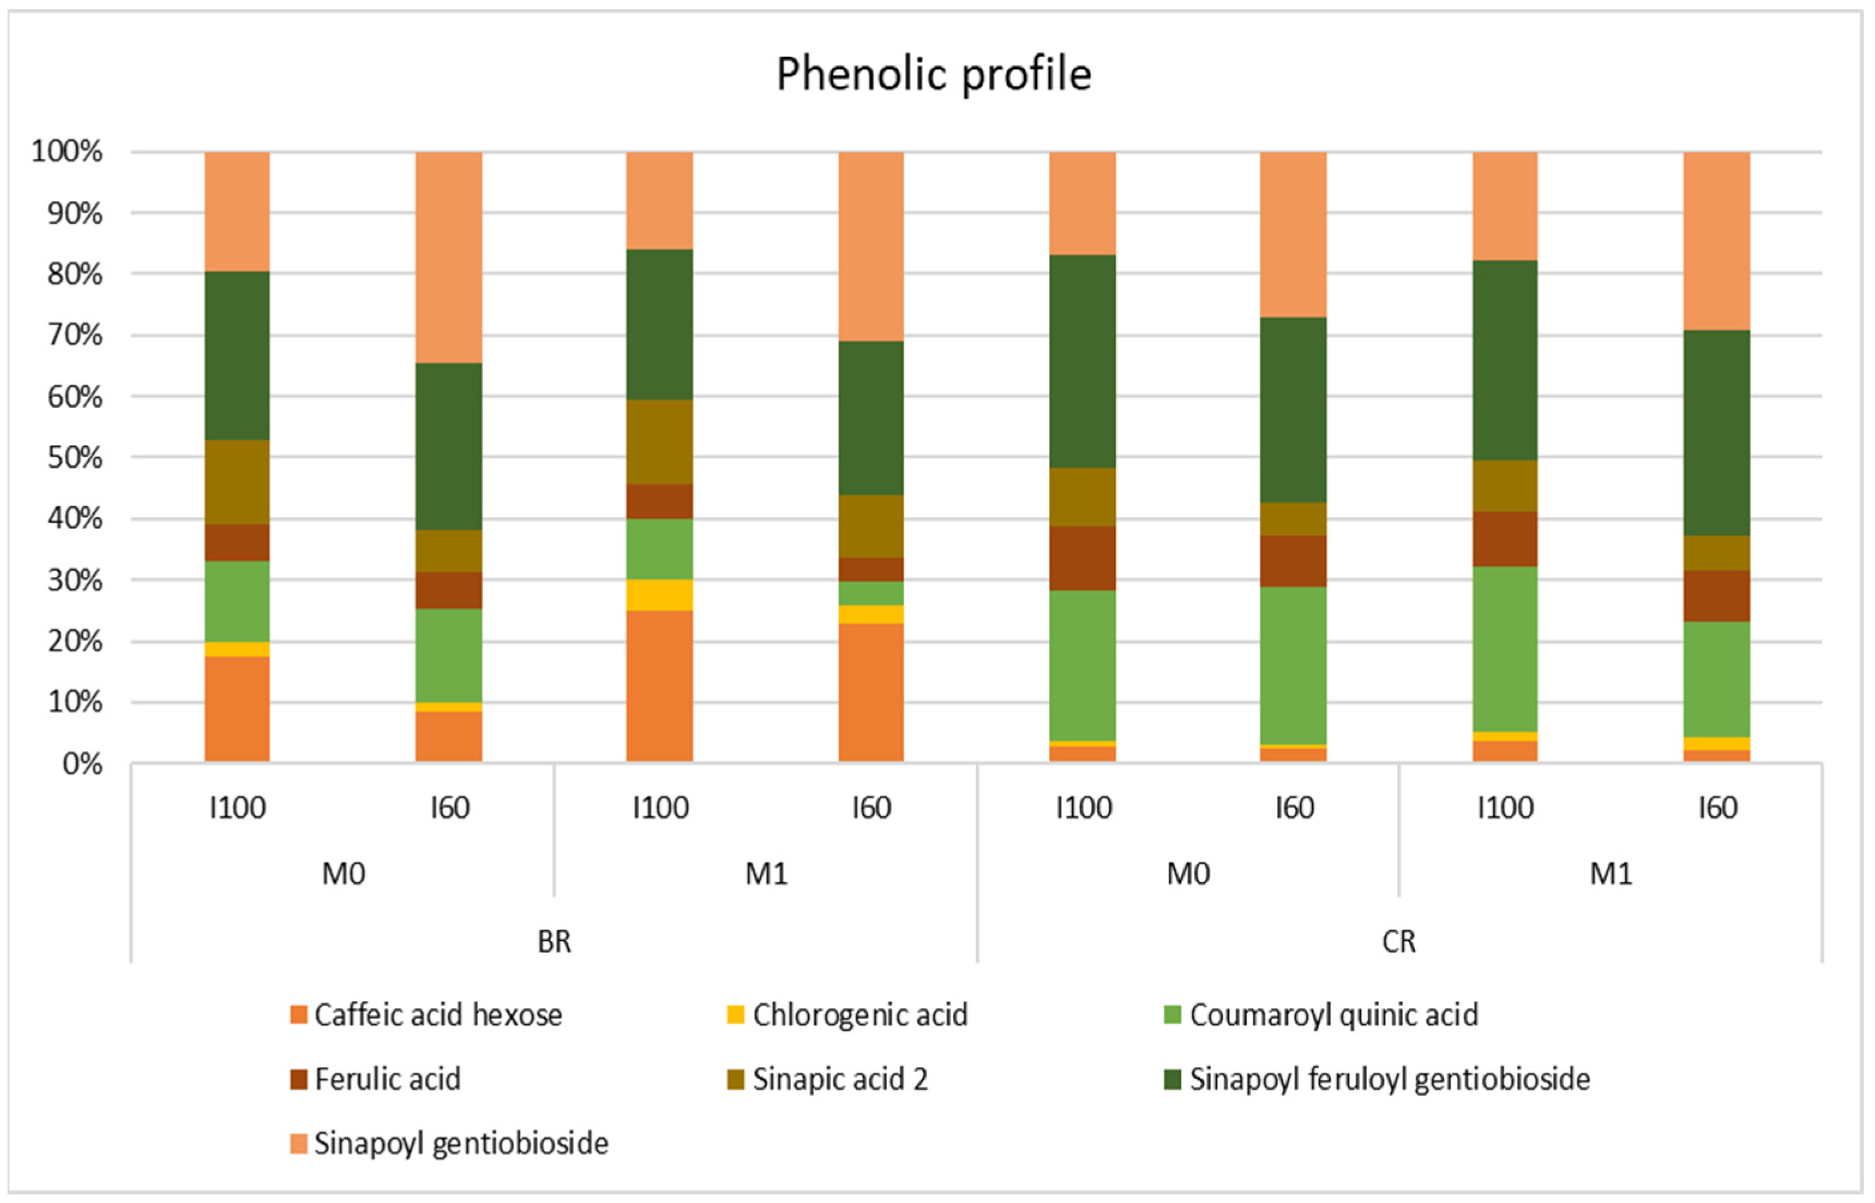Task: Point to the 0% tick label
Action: click(x=82, y=764)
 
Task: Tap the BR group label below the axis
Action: click(x=554, y=942)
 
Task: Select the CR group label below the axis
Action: click(x=1398, y=942)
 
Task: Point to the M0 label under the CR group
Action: click(x=1188, y=873)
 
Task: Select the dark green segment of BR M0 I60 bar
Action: click(x=449, y=447)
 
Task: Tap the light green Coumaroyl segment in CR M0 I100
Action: click(x=1082, y=665)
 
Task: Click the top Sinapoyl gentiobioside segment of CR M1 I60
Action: click(x=1717, y=240)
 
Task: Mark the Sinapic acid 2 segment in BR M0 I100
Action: click(x=238, y=482)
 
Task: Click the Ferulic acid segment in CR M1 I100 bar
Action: click(x=1505, y=539)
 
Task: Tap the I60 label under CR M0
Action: click(x=1294, y=808)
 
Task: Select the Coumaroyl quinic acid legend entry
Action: click(x=1333, y=1015)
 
